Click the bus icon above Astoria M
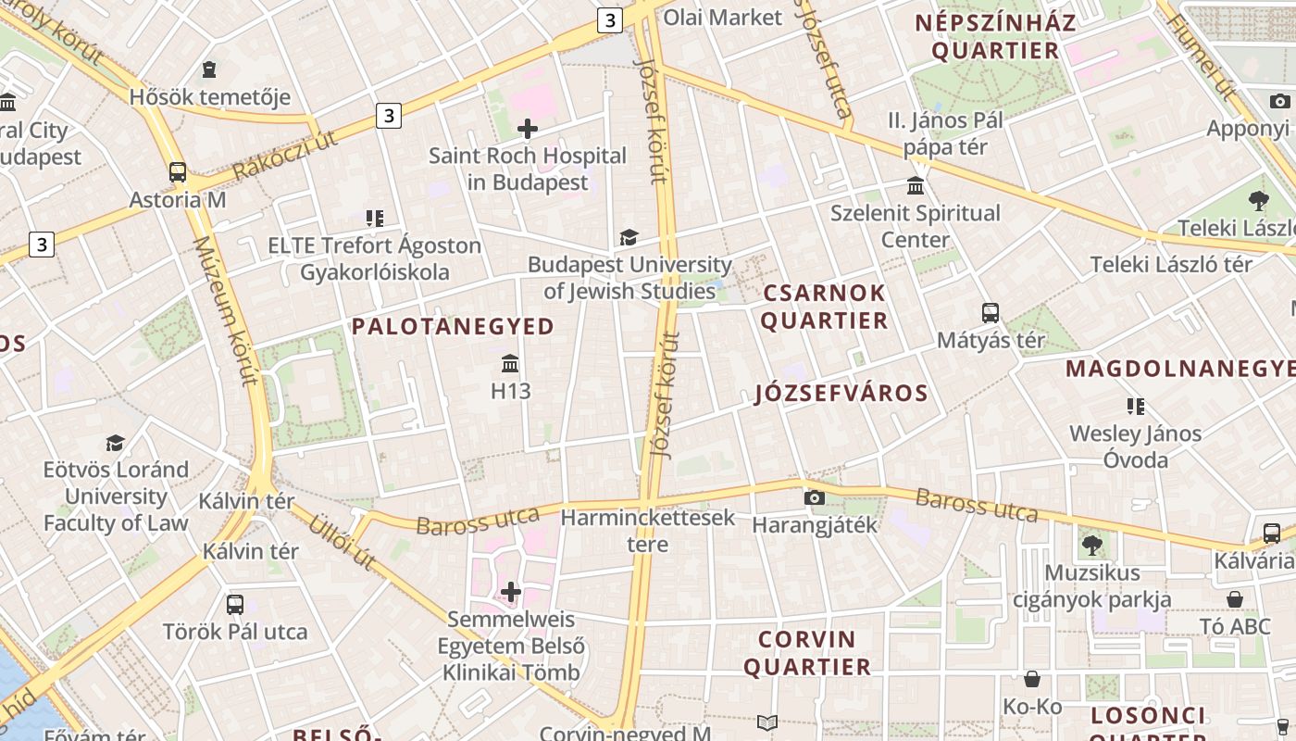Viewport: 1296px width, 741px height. coord(177,172)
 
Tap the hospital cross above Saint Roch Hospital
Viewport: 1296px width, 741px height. coord(528,129)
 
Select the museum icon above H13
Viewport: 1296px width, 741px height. coord(510,363)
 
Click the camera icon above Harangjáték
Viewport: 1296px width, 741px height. coord(815,497)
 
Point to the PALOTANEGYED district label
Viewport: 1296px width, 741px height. coord(453,326)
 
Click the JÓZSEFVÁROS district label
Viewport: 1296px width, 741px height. coord(841,393)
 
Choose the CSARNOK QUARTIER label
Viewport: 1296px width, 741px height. coord(824,307)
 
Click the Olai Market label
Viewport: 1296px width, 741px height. coord(723,17)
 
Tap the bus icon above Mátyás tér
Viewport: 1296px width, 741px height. coord(991,313)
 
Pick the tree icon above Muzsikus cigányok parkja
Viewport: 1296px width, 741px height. coord(1091,545)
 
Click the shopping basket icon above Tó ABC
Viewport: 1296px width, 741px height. coord(1235,599)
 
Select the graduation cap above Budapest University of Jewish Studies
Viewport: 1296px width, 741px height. coord(629,238)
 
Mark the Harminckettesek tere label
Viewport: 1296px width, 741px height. coord(648,530)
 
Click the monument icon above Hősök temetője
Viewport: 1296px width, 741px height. coord(209,69)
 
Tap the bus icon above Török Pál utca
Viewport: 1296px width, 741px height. coord(235,605)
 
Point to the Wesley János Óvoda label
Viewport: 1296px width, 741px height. coord(1135,446)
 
